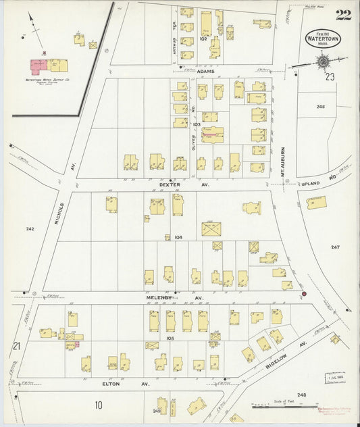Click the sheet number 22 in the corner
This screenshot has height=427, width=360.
coord(342,15)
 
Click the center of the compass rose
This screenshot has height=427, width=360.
coord(323,62)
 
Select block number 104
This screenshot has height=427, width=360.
coord(178,237)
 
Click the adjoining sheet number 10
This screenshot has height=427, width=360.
coord(99,405)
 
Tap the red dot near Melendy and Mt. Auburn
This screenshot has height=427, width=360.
coord(303,294)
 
